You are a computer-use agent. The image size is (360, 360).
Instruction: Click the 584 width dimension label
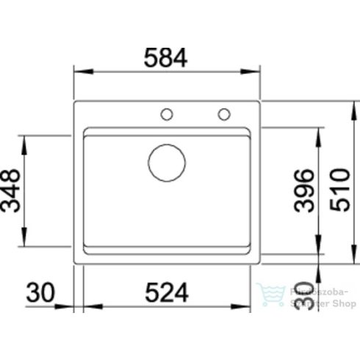tap(166, 58)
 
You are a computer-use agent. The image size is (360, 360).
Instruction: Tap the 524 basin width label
tap(167, 292)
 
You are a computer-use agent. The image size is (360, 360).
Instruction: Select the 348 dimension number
tap(10, 190)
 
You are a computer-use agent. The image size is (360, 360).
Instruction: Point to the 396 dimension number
tap(304, 190)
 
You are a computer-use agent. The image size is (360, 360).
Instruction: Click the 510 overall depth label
tap(340, 190)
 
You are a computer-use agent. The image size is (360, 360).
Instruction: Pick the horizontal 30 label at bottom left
tap(40, 292)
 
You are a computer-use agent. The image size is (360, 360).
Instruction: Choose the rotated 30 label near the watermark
tap(304, 295)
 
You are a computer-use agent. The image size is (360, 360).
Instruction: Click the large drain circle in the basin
tap(167, 163)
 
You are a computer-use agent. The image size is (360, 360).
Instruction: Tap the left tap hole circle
tap(167, 115)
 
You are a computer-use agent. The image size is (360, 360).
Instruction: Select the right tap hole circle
tap(224, 115)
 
